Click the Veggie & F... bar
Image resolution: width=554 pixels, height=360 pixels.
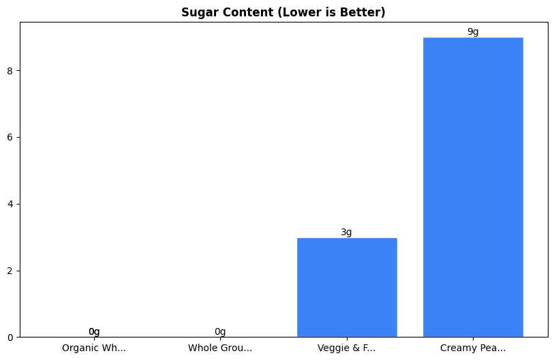(347, 287)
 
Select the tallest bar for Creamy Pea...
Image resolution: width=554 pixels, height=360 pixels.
(473, 187)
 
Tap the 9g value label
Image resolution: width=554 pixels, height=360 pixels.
(473, 31)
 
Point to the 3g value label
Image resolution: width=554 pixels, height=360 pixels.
(346, 232)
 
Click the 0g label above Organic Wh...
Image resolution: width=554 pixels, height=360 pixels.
(94, 331)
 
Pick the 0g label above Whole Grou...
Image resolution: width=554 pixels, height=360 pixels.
(220, 331)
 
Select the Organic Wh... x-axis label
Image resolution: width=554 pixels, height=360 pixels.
(94, 348)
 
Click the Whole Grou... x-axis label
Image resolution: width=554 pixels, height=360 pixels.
(220, 348)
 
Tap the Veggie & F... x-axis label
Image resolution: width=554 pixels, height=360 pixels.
(346, 348)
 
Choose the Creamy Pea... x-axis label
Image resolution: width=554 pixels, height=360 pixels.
(473, 348)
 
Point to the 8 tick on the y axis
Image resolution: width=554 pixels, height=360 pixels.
(10, 71)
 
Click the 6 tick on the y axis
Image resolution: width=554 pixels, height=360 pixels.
(10, 137)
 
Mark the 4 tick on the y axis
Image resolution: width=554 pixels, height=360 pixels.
(10, 204)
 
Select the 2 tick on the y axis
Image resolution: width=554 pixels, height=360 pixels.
(10, 271)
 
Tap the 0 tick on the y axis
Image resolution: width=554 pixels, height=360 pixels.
(10, 337)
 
